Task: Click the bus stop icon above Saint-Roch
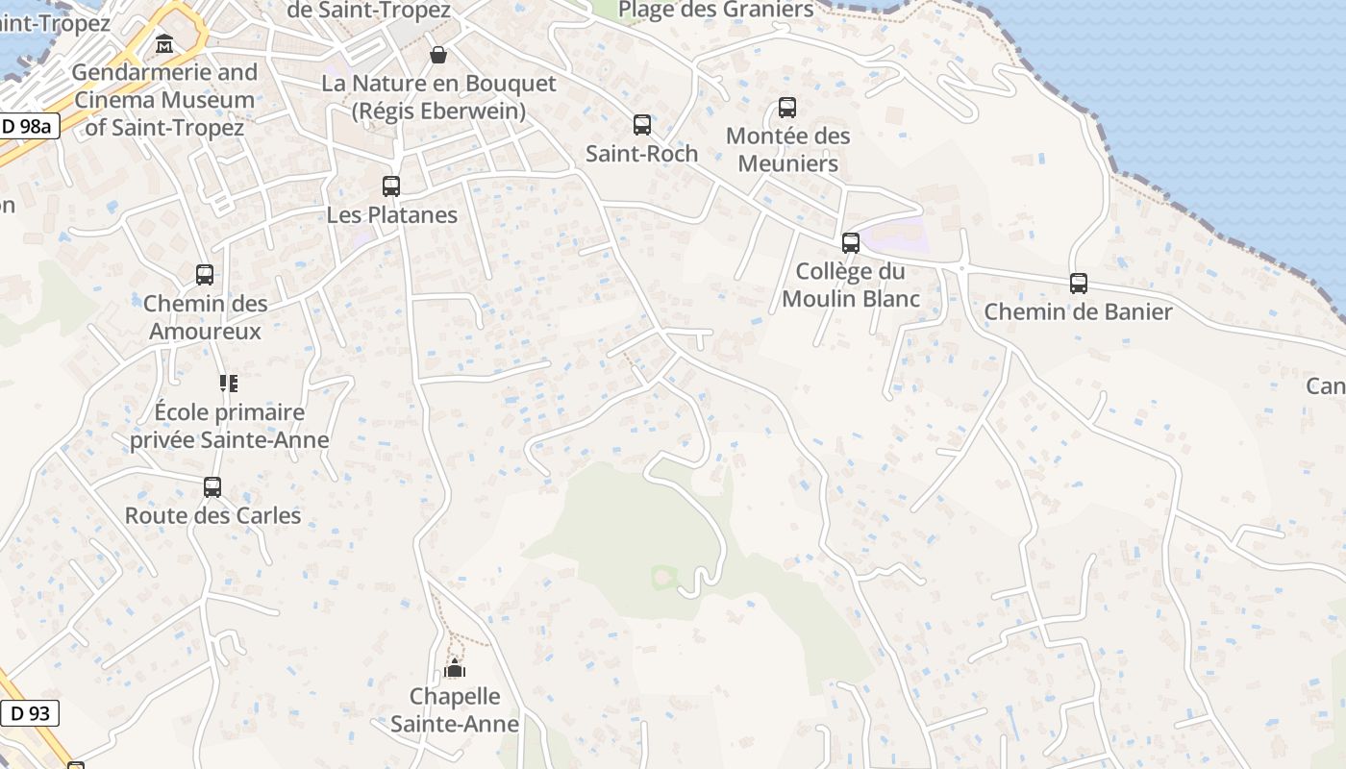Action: click(x=642, y=125)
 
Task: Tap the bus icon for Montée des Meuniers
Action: click(x=787, y=108)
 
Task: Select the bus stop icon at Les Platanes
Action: click(x=391, y=186)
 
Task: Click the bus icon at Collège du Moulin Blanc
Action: click(x=851, y=243)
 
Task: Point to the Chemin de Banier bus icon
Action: click(x=1079, y=284)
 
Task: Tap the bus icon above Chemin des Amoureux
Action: click(x=205, y=275)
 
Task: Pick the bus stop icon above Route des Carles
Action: click(x=212, y=487)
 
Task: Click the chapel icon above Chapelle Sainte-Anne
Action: click(x=455, y=668)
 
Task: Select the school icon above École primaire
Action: click(x=229, y=384)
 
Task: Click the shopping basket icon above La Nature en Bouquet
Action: click(x=438, y=55)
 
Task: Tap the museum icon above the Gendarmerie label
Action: click(x=164, y=44)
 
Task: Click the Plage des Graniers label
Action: click(x=715, y=11)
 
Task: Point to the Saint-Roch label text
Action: click(x=642, y=154)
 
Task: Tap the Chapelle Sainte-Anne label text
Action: click(x=455, y=710)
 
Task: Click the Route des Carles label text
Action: click(x=212, y=515)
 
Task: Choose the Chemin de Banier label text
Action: click(x=1079, y=311)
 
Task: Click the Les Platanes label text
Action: click(x=391, y=214)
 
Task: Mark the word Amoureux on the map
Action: click(x=206, y=332)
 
